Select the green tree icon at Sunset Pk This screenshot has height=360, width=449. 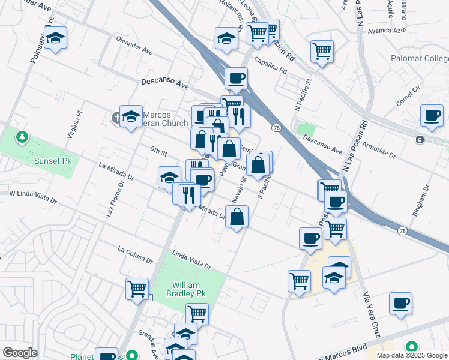pos(22,138)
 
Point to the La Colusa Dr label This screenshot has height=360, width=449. pos(135,254)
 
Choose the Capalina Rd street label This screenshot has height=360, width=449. pos(270,65)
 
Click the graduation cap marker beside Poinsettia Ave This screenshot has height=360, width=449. pos(56,39)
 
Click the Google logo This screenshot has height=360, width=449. pos(20,353)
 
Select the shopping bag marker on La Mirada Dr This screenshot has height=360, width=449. pos(237,216)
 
